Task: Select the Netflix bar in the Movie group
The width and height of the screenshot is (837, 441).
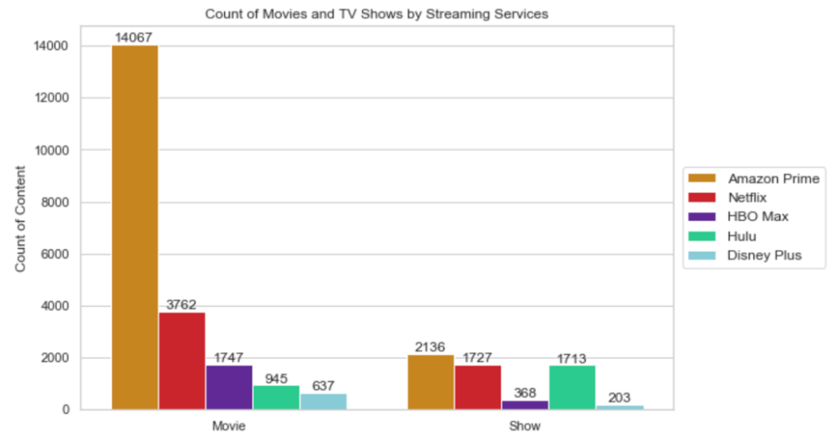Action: [181, 360]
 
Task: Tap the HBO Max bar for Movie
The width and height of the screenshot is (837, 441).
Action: [229, 387]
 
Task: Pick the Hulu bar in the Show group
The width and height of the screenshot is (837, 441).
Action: [572, 387]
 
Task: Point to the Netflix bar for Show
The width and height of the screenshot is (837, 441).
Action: [477, 387]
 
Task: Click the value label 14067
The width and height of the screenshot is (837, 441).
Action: [134, 37]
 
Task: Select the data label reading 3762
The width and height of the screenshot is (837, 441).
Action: [181, 305]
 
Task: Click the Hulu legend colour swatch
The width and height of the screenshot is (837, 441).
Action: [702, 236]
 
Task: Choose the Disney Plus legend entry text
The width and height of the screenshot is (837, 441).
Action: [764, 255]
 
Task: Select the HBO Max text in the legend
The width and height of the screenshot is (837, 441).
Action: [758, 216]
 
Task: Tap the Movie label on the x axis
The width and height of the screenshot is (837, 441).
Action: [229, 426]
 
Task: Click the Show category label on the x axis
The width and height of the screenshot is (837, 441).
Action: [525, 426]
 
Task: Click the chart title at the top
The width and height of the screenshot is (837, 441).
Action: [376, 14]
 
